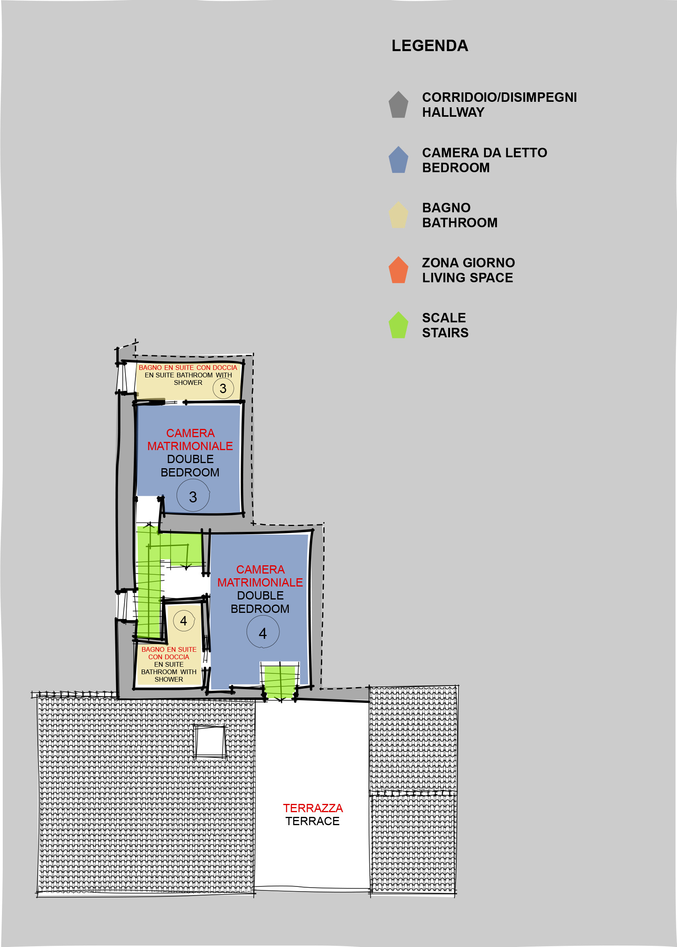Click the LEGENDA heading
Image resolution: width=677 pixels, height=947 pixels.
[430, 46]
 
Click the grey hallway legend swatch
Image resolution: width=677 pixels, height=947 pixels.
[398, 105]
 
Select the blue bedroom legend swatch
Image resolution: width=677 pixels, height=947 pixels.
[398, 160]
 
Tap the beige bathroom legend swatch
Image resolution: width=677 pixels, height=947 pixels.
[398, 215]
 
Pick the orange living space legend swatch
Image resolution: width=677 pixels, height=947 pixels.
[398, 270]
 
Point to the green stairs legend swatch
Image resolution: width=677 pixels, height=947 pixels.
[398, 325]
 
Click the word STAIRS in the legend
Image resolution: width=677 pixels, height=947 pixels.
[445, 333]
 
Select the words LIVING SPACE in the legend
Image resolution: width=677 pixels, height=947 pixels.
[467, 278]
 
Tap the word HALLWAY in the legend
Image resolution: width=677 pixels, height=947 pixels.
[453, 112]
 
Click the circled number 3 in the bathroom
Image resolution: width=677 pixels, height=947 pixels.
[223, 388]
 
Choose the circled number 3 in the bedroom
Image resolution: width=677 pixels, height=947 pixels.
[193, 495]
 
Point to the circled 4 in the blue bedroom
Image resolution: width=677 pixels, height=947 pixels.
[263, 632]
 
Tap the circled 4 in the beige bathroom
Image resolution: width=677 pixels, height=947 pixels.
[184, 621]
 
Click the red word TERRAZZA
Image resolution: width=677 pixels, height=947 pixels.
[313, 808]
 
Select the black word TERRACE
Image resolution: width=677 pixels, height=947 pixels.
[312, 821]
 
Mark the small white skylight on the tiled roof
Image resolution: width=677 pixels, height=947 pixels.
[210, 741]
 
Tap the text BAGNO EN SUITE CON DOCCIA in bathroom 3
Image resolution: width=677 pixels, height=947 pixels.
[188, 368]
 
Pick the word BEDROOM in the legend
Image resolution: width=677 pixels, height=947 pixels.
[456, 168]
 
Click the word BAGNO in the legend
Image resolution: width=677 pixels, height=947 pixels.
[446, 208]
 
